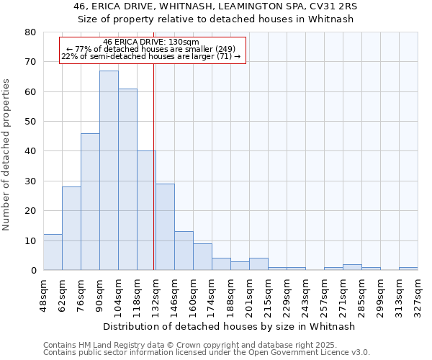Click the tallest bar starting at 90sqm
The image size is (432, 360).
(109, 171)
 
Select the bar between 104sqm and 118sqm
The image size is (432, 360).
(127, 179)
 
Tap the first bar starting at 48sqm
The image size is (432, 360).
(53, 252)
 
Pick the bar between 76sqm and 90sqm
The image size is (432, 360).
(90, 202)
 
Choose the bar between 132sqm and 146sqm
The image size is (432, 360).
(165, 227)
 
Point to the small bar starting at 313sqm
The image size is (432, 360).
(408, 269)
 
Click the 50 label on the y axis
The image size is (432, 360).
(30, 122)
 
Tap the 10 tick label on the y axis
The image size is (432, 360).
(30, 240)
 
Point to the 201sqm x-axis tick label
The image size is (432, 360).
(249, 294)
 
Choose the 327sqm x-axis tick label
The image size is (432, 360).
(418, 294)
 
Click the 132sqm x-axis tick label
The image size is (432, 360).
(156, 294)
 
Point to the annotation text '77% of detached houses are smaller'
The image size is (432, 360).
(151, 49)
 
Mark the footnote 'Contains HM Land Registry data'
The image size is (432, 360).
(169, 345)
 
